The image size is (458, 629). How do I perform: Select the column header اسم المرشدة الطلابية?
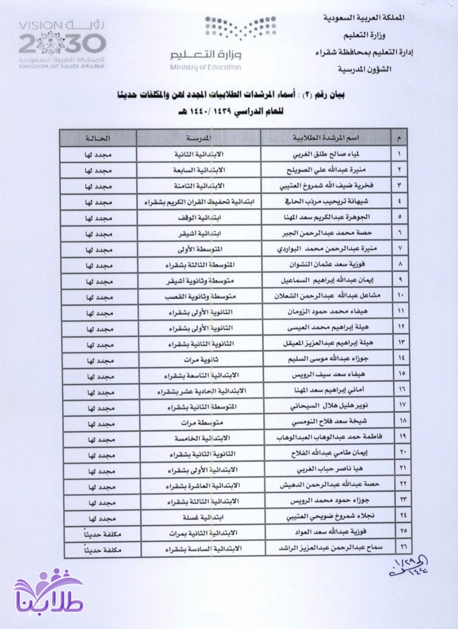tap(325, 138)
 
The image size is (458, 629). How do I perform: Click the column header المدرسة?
tap(199, 138)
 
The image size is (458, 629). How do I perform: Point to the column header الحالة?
tap(98, 138)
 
